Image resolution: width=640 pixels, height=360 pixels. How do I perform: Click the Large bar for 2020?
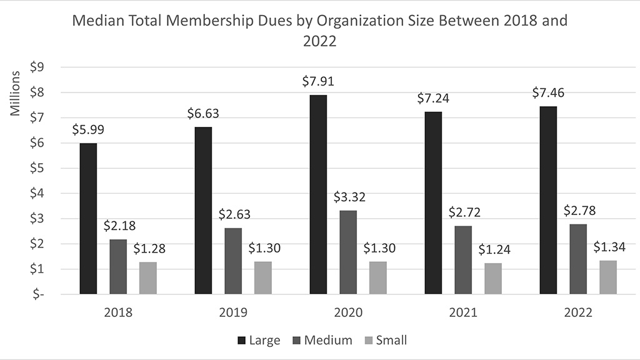pos(318,195)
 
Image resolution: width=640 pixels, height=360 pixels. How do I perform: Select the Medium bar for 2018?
pos(118,267)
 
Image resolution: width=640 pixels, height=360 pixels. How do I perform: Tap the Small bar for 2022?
pos(608,277)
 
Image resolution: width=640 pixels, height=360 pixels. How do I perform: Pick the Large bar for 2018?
pos(88,219)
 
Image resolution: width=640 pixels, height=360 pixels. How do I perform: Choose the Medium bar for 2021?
pos(463,260)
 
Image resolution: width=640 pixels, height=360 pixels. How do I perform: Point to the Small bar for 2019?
pos(263,278)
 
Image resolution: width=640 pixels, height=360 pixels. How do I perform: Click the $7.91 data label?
pos(318,81)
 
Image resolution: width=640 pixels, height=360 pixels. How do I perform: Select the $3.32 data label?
pos(349,197)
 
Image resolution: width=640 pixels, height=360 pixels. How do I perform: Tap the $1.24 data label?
pos(494,249)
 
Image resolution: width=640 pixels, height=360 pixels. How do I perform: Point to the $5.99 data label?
pos(88,129)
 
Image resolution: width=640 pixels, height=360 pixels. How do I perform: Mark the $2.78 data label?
pos(579,211)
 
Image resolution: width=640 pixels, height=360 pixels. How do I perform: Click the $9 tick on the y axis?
pos(37,67)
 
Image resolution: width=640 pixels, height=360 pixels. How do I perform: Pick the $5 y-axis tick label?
pos(37,168)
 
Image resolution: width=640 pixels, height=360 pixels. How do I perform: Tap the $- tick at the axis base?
pos(38,294)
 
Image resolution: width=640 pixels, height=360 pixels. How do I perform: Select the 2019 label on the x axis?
pos(233,312)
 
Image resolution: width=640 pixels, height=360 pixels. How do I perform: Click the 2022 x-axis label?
pos(578,312)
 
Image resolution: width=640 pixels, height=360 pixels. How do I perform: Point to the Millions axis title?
pos(15,94)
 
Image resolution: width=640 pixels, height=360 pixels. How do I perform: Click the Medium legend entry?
pos(322,341)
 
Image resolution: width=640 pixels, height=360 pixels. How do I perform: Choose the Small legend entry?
pos(385,341)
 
